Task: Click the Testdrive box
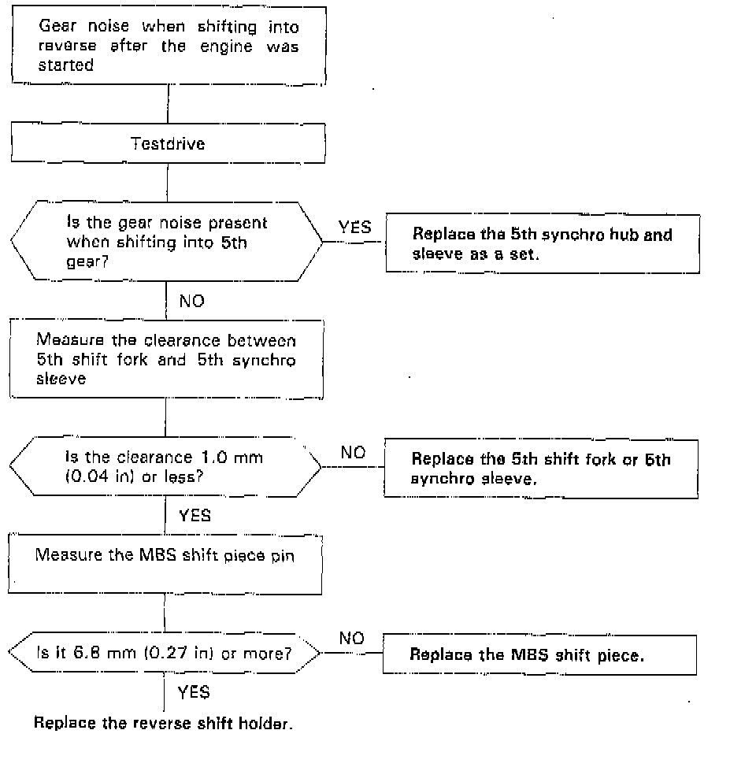coord(167,144)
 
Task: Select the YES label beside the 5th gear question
coord(354,228)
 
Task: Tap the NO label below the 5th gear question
coord(192,301)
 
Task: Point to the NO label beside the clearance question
coord(354,453)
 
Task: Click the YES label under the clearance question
coord(195,516)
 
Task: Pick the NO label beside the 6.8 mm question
coord(352,639)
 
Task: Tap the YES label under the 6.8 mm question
coord(194,693)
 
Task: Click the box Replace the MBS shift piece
coord(539,654)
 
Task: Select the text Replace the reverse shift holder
coord(163,723)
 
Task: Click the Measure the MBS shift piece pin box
coord(165,564)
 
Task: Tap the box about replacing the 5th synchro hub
coord(543,244)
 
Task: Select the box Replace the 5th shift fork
coord(540,469)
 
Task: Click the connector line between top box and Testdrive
coord(168,104)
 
